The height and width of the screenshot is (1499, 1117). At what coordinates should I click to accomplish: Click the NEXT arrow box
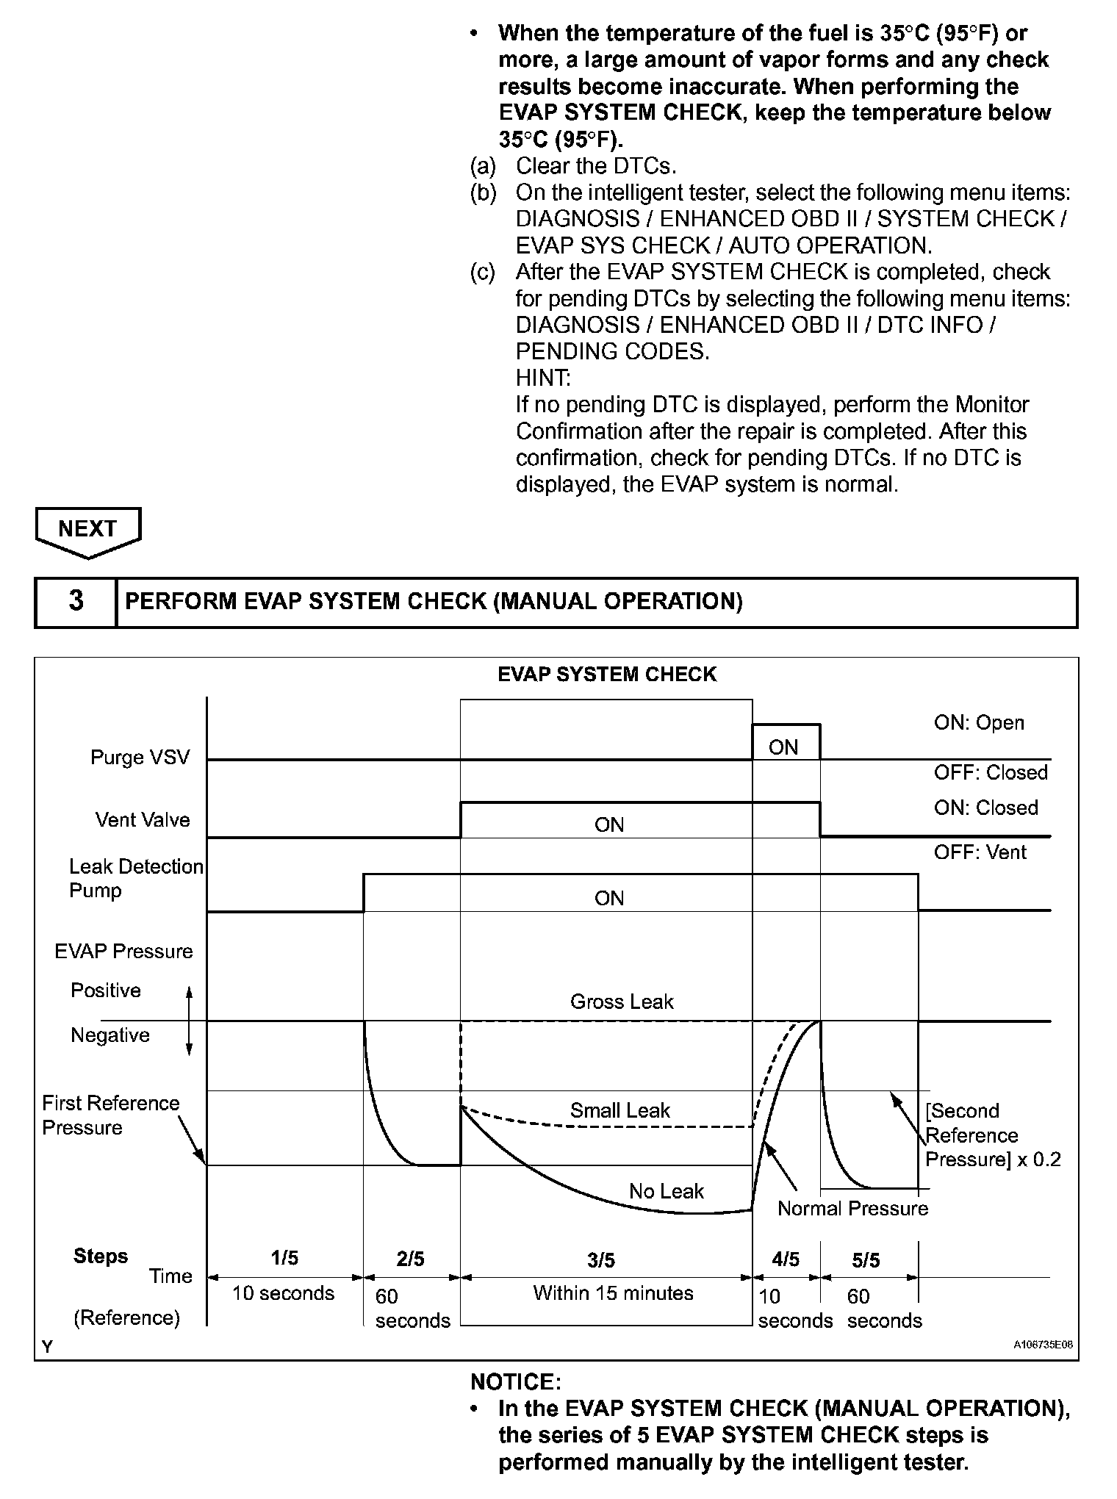(87, 530)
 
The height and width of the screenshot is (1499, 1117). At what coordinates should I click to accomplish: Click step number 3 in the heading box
(76, 602)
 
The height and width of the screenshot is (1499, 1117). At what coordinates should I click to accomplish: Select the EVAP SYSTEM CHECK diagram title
(606, 675)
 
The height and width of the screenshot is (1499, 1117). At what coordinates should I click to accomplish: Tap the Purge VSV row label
(140, 758)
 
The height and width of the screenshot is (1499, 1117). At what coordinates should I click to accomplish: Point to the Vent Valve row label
(143, 820)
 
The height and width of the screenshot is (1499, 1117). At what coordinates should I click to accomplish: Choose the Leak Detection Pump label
(135, 879)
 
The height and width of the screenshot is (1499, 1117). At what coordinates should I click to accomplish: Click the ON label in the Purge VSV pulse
(783, 747)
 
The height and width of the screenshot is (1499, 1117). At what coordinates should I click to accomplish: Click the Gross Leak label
(622, 1002)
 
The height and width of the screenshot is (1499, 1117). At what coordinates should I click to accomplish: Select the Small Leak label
(619, 1110)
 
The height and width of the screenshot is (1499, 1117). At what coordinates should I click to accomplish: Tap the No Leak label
(666, 1191)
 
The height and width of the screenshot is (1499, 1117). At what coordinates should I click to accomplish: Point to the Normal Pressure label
(852, 1209)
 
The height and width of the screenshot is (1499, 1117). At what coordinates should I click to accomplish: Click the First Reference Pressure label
(110, 1115)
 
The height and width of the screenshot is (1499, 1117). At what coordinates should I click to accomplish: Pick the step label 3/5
(601, 1261)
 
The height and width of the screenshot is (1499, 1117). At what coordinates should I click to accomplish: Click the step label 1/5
(284, 1259)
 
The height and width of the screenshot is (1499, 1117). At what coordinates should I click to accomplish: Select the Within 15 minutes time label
(613, 1293)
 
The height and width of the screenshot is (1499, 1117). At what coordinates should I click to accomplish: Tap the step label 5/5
(866, 1261)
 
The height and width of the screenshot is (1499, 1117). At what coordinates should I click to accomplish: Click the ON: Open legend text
(979, 723)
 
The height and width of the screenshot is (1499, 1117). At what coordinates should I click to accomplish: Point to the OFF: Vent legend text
(980, 852)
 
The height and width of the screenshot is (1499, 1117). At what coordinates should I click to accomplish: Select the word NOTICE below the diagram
(515, 1382)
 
